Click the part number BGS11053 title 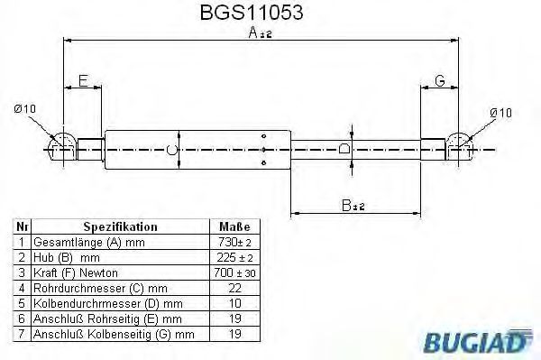coord(252,12)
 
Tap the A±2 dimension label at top coord(261,32)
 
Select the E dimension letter coord(83,81)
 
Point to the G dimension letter coord(440,81)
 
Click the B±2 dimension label coord(353,206)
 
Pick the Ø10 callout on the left coord(25,109)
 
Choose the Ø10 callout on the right coord(501,113)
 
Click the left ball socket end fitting coord(62,147)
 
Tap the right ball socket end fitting coord(460,146)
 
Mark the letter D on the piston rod coord(344,149)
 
